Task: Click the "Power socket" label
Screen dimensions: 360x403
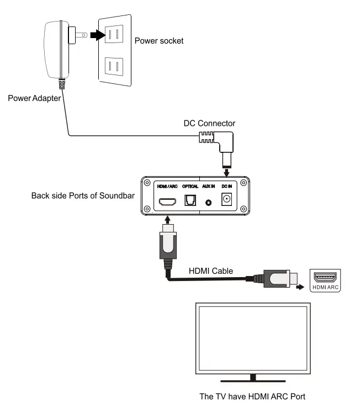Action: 159,41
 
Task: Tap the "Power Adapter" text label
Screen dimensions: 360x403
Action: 34,98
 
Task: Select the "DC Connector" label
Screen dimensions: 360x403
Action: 209,123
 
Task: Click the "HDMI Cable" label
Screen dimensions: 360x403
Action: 211,271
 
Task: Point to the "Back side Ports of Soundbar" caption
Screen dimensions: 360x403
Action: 83,195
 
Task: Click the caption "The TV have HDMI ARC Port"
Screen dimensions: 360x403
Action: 252,396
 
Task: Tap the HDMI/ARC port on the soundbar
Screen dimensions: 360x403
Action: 167,202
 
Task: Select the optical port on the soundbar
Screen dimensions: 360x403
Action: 190,200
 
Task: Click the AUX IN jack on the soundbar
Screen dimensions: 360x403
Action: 209,203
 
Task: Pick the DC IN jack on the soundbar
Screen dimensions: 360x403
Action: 226,199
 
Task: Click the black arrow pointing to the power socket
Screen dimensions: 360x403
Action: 98,35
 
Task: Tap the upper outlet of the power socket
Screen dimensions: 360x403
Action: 114,34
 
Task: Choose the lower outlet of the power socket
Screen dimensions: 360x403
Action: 114,67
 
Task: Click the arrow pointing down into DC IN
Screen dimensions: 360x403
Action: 226,172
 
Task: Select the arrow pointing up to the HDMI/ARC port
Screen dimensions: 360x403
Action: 167,220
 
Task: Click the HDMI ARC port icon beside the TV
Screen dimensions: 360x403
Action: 325,280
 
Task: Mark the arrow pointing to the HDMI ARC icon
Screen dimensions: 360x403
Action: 300,287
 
